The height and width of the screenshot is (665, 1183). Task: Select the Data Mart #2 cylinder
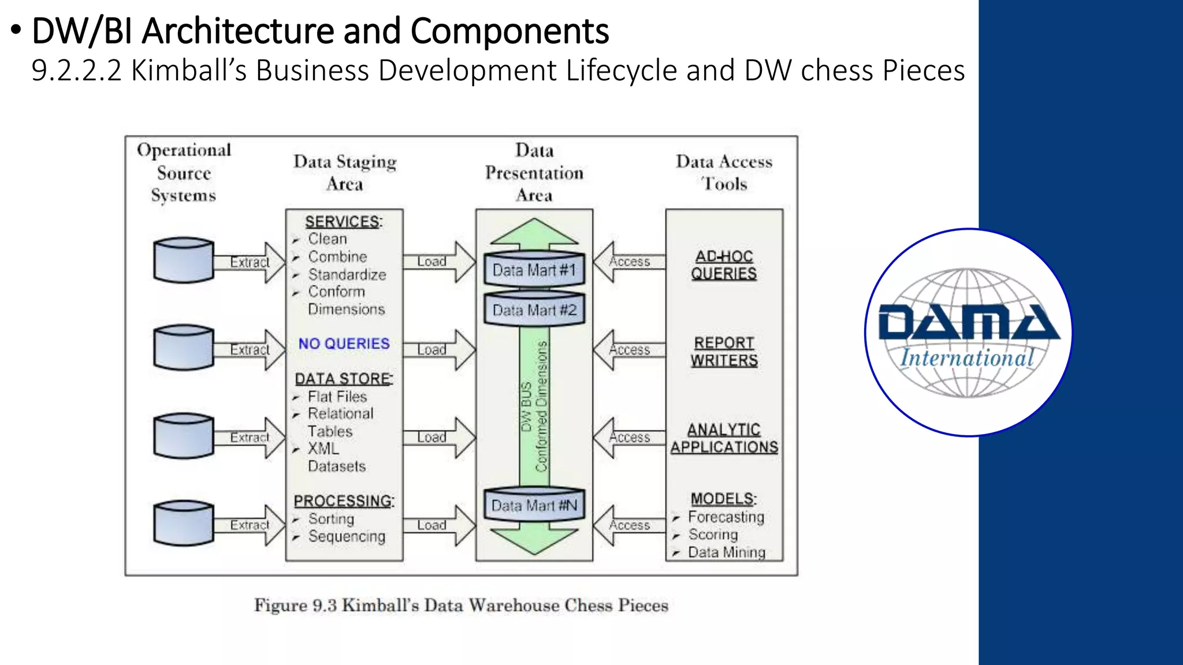pos(534,309)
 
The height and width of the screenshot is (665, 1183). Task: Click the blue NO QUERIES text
pos(344,343)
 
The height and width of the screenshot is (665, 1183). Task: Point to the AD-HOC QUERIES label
pos(724,265)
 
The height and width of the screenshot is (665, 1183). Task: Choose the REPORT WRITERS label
pos(724,352)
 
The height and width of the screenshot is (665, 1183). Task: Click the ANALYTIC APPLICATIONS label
pos(724,438)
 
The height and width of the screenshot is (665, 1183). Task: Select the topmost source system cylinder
pos(184,260)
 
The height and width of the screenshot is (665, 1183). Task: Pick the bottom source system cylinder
pos(184,523)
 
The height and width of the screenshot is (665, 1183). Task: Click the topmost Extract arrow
pos(250,262)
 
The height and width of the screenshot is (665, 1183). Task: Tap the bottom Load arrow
pos(439,525)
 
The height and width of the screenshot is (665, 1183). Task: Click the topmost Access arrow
pos(630,262)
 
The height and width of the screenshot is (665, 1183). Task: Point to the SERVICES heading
pos(344,222)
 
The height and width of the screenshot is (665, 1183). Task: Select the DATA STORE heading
pos(344,379)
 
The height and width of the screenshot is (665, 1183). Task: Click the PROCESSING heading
pos(344,500)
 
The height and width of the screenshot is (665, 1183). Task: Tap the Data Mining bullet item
pos(726,552)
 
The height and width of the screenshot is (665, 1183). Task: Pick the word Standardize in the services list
pos(347,274)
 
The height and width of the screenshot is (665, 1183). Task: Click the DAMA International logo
pos(969,332)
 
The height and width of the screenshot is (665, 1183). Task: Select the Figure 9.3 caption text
pos(462,605)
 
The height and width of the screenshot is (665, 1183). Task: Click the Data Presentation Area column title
pos(534,173)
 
